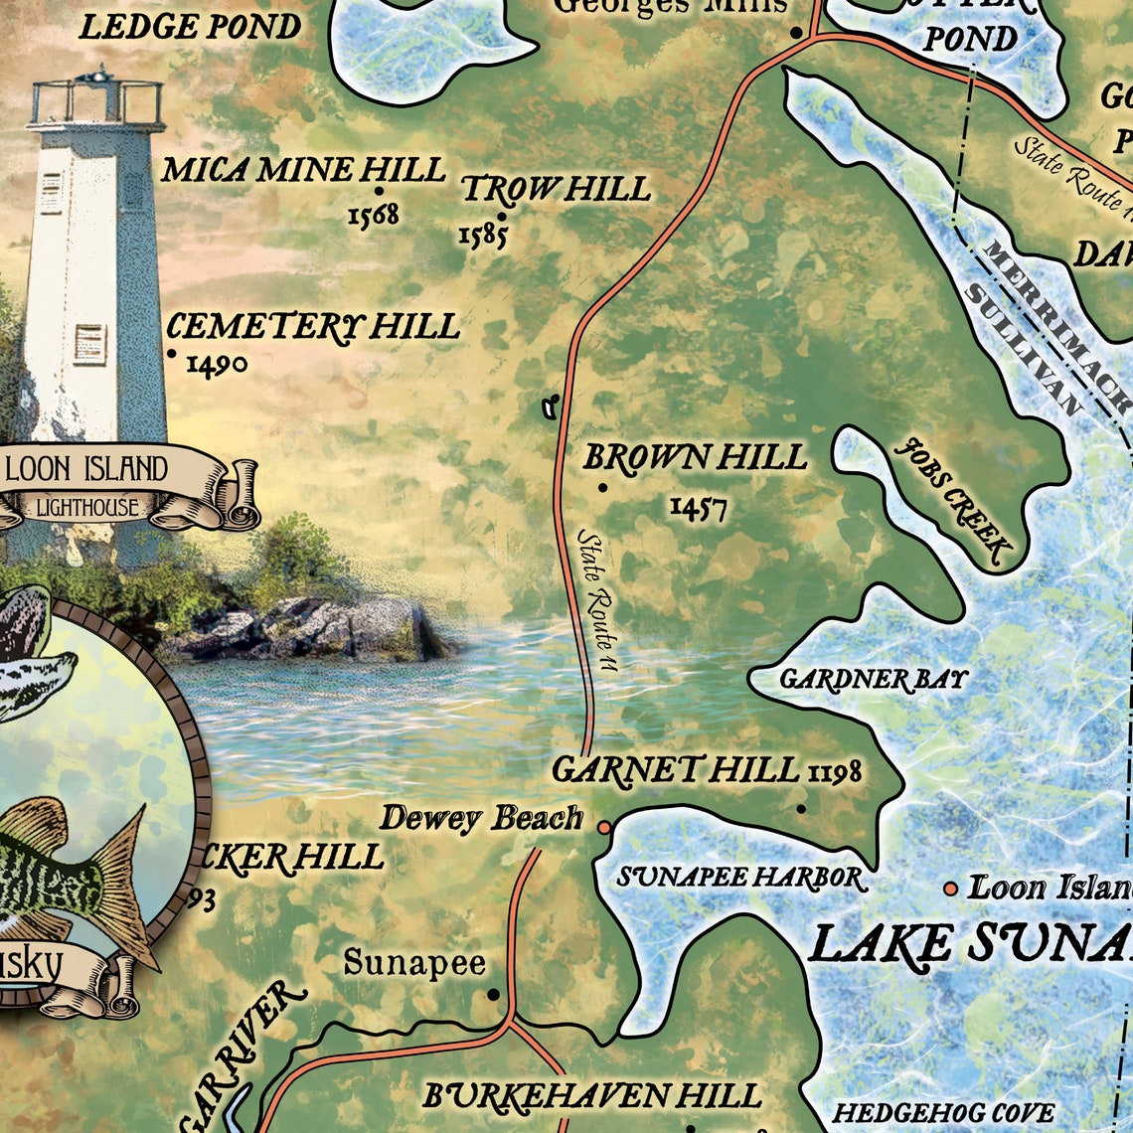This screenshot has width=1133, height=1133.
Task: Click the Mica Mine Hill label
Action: pyautogui.click(x=303, y=170)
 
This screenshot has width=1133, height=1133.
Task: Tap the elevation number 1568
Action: pyautogui.click(x=373, y=215)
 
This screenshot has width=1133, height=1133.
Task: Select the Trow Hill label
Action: pyautogui.click(x=556, y=189)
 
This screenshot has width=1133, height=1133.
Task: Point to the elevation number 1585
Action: pyautogui.click(x=483, y=236)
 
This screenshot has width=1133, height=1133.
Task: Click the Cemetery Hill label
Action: pyautogui.click(x=312, y=327)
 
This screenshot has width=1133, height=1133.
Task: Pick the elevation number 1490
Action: pyautogui.click(x=217, y=366)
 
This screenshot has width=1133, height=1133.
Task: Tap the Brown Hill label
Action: pyautogui.click(x=695, y=458)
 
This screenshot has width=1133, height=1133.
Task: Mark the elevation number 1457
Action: pyautogui.click(x=698, y=509)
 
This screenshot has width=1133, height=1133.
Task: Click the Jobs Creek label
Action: pyautogui.click(x=953, y=500)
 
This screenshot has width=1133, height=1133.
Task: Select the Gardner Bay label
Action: pyautogui.click(x=873, y=680)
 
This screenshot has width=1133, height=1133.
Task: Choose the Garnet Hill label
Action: pyautogui.click(x=676, y=770)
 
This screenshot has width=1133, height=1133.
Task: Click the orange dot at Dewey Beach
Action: pyautogui.click(x=603, y=827)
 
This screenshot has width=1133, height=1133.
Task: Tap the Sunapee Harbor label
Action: pyautogui.click(x=739, y=878)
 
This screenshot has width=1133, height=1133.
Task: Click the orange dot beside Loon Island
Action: pyautogui.click(x=950, y=889)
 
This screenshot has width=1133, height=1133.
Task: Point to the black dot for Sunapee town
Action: pyautogui.click(x=493, y=994)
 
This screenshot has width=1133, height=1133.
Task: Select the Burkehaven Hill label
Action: pyautogui.click(x=592, y=1096)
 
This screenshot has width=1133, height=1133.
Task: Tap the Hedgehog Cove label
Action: pyautogui.click(x=943, y=1113)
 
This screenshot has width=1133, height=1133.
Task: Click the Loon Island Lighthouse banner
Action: pyautogui.click(x=87, y=485)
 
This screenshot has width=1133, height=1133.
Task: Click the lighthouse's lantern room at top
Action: pyautogui.click(x=96, y=101)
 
